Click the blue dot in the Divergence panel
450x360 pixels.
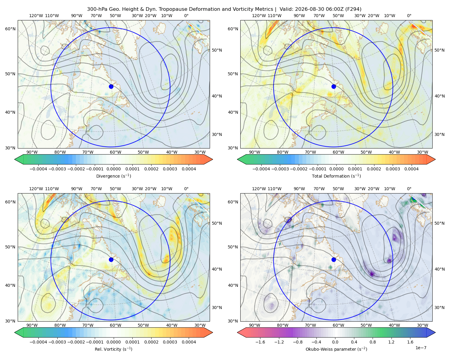click(111, 86)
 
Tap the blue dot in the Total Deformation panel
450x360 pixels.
click(334, 86)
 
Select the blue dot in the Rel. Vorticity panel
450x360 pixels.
click(111, 259)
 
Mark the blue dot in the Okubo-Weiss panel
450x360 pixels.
click(334, 259)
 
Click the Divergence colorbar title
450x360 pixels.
click(113, 176)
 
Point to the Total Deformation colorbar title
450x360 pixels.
click(336, 176)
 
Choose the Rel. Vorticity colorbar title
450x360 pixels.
click(113, 349)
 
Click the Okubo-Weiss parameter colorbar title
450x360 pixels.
click(336, 349)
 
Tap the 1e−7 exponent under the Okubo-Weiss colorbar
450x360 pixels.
click(421, 348)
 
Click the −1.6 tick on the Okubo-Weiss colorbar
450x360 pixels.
click(260, 342)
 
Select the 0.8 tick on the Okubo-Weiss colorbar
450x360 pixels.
click(373, 342)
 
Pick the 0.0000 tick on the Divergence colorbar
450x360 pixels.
click(113, 169)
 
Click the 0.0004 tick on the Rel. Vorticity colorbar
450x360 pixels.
click(189, 342)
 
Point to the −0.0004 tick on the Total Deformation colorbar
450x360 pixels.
click(261, 169)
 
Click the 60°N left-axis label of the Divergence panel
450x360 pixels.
click(10, 29)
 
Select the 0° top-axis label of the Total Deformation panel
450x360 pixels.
click(409, 16)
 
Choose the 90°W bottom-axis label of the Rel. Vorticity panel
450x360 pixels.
click(32, 325)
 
